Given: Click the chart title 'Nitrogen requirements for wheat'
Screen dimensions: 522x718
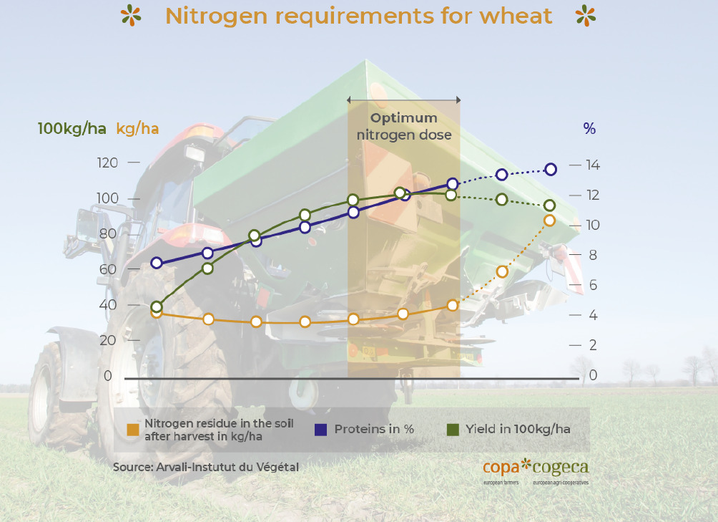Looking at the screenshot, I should point(358,16).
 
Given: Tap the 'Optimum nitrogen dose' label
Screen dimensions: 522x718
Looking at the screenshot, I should point(404,126).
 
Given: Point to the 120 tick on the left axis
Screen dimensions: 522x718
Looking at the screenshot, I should point(108,163).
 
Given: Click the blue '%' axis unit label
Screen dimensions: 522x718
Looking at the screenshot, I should point(589,129).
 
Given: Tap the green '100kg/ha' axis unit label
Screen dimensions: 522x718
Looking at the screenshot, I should point(72,129).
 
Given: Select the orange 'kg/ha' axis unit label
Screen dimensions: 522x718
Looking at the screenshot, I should point(137,129).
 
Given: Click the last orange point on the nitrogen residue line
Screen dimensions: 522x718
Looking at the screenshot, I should point(549,221).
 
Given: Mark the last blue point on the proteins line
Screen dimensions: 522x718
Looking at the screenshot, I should point(551,170).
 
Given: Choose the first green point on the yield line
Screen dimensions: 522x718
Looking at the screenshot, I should point(157,306).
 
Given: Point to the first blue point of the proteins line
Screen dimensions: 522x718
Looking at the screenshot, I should point(157,264).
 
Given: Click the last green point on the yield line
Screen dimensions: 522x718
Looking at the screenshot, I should point(549,206).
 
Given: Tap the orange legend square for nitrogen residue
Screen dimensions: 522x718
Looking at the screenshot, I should point(133,430).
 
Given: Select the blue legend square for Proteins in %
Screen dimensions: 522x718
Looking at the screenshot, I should point(321,430).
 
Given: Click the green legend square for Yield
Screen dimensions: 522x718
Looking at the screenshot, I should point(453,430).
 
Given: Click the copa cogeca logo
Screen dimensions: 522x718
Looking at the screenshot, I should point(536,469).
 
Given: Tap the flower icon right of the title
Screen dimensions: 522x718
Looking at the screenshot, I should point(586,15).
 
